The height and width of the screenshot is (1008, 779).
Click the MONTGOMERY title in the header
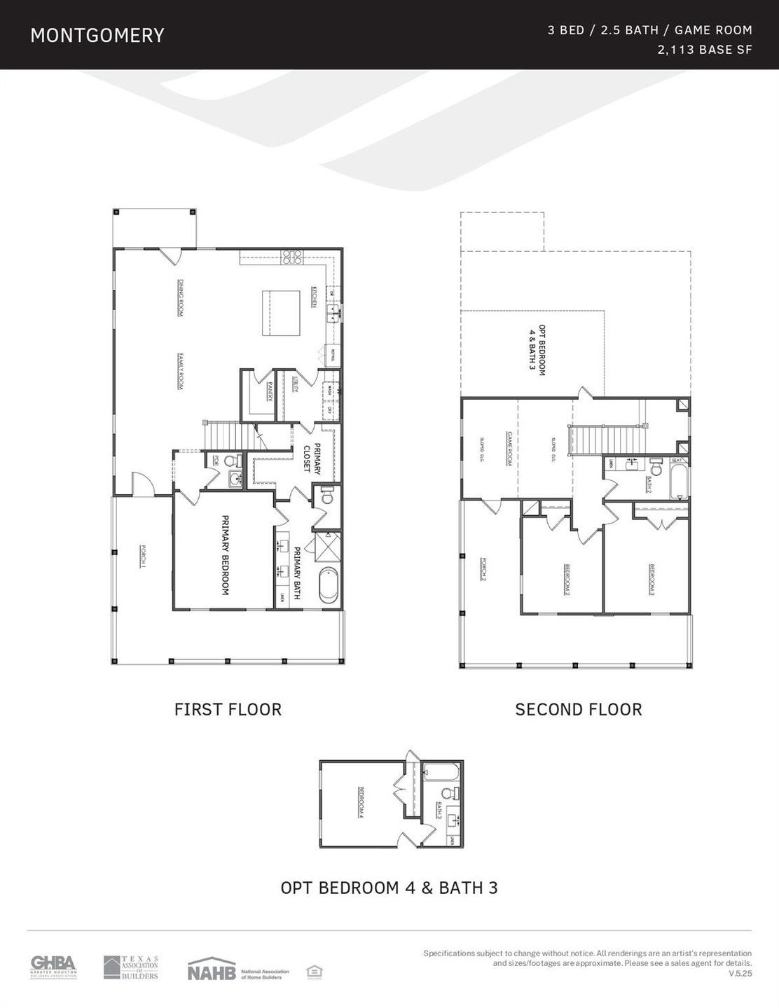(97, 36)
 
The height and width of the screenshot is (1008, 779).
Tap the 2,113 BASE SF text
(705, 50)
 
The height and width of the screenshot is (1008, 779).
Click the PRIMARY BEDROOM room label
(226, 555)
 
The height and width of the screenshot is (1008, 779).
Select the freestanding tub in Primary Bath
(327, 585)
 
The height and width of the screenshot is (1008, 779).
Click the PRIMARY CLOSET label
(312, 458)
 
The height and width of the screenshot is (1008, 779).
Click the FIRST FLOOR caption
(228, 709)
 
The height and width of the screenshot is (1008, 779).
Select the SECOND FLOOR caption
(578, 709)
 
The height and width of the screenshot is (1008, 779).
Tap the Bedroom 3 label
(652, 580)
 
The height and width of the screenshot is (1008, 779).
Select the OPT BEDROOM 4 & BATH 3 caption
(389, 888)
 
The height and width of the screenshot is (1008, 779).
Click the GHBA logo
(53, 967)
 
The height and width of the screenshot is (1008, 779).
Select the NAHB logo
(210, 970)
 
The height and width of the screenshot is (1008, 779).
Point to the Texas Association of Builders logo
(131, 967)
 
